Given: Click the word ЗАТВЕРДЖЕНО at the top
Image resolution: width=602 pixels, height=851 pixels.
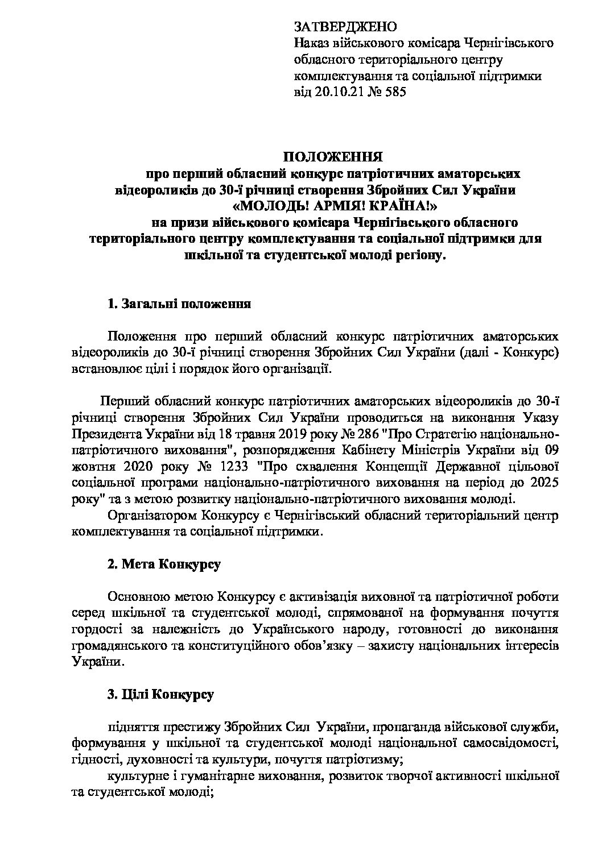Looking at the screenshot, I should pyautogui.click(x=344, y=27).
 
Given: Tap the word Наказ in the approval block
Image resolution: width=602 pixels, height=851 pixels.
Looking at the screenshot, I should pyautogui.click(x=310, y=43).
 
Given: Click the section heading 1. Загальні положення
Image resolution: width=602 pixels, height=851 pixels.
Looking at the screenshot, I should pyautogui.click(x=179, y=304).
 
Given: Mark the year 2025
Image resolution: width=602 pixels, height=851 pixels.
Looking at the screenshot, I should pyautogui.click(x=542, y=483).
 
